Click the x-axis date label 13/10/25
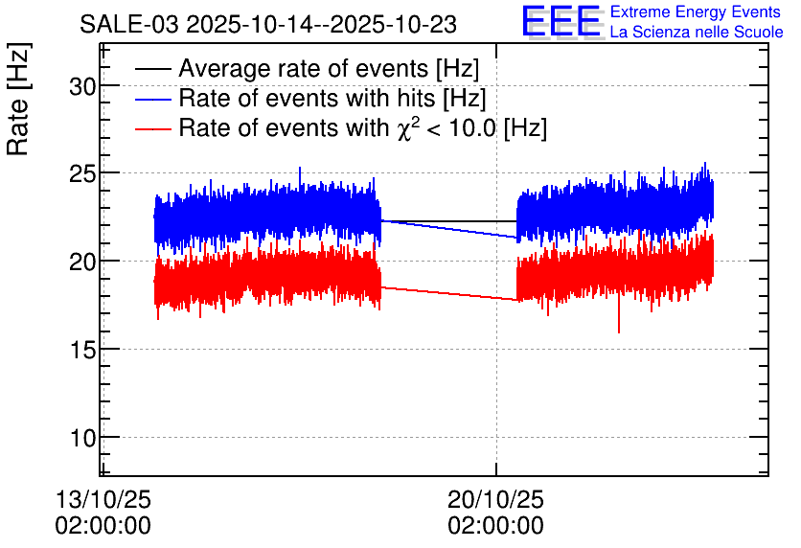[103, 500]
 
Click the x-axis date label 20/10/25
[495, 500]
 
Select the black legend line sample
[153, 69]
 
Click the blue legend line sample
[153, 99]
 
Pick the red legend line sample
[153, 128]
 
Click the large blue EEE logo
[561, 22]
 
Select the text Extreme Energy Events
[696, 11]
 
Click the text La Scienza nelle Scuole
[697, 32]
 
